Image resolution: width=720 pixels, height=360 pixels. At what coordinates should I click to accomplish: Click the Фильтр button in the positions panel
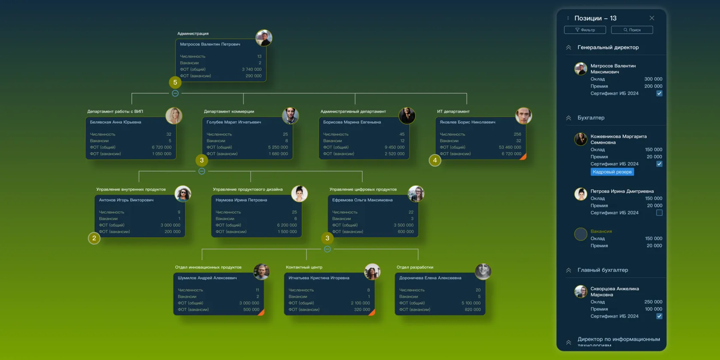coord(585,30)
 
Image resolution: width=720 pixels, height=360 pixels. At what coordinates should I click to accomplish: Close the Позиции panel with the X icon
coord(652,18)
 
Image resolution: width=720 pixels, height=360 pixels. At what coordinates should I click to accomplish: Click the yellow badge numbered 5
coord(175,82)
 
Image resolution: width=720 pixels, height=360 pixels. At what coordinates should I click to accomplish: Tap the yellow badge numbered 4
coord(435,160)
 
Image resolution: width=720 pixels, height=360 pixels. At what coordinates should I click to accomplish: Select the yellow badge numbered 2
coord(94,238)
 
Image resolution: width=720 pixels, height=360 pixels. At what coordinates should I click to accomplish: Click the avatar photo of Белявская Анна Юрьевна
coord(174,116)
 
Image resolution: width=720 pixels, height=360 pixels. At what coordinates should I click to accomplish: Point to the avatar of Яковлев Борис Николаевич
coord(523,116)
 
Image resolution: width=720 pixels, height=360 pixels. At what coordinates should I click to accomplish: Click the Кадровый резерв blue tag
coord(612,172)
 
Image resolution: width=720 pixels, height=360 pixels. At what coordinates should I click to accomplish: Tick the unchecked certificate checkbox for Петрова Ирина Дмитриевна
coord(659,213)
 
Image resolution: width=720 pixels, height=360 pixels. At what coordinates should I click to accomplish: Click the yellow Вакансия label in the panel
coord(601,231)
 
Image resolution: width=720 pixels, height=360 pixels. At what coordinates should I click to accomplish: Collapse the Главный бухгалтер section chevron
coord(569,270)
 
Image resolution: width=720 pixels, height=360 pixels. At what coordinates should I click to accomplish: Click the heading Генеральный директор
coord(608,48)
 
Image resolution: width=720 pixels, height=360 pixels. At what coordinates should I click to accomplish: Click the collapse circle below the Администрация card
coord(175,93)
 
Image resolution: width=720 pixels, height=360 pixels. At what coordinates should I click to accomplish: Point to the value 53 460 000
coord(510,147)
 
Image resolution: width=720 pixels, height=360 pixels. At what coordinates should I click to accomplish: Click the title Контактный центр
coord(304,267)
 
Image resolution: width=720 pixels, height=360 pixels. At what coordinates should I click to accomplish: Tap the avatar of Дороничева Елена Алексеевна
coord(483,271)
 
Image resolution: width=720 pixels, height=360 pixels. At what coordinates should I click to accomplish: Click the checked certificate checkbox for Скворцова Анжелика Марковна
coord(659,316)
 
